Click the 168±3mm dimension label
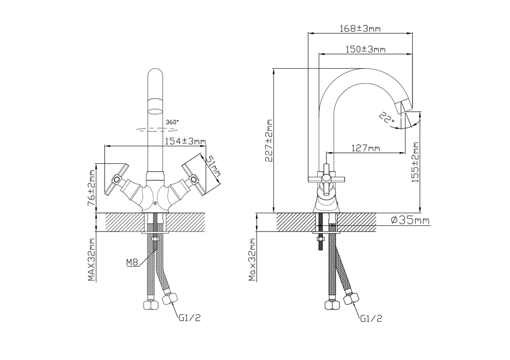(360, 29)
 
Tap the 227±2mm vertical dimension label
(269, 141)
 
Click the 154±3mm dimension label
(186, 141)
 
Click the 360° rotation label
(172, 122)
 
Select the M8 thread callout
(132, 263)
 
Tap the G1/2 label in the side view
(371, 318)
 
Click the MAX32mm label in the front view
(92, 260)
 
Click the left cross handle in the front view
(117, 179)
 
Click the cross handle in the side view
(326, 178)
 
